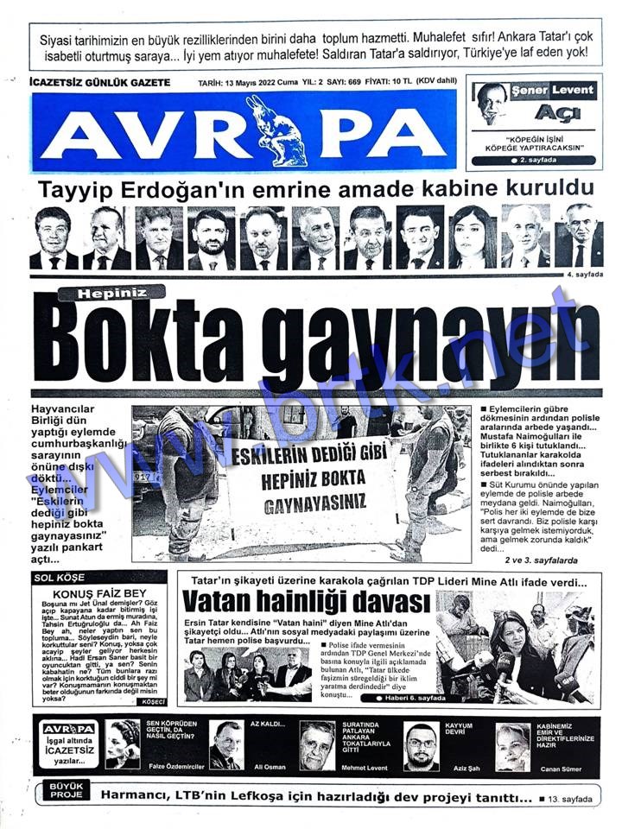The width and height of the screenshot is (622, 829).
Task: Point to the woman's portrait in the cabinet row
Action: (472, 237)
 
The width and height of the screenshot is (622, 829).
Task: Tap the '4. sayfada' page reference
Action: (583, 274)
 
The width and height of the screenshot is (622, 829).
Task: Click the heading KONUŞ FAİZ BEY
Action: (88, 594)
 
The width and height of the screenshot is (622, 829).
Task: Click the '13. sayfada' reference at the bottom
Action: (567, 799)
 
